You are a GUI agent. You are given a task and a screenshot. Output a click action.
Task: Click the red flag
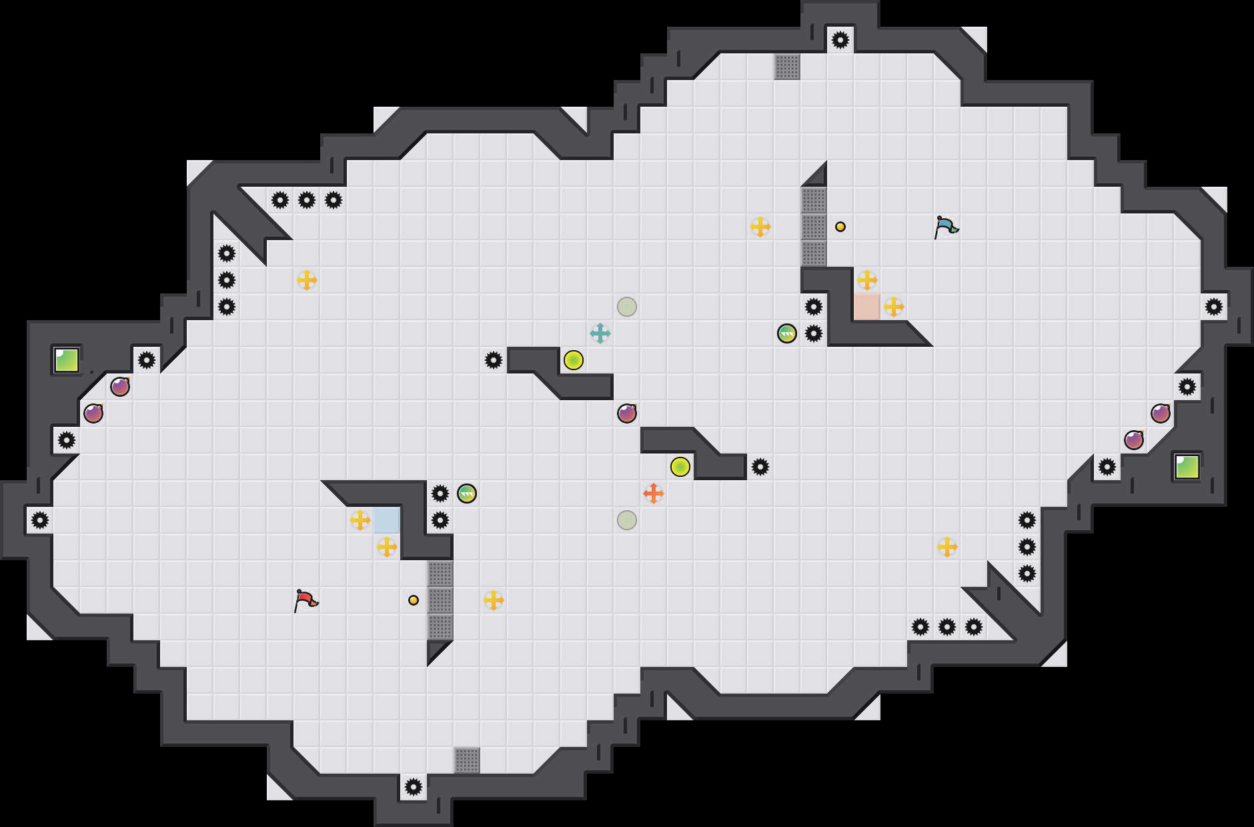click(305, 600)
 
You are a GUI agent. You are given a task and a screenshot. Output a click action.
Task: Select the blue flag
click(946, 227)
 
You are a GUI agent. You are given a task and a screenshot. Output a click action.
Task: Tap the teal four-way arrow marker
click(600, 333)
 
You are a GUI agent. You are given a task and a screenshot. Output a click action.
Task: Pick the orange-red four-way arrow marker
click(654, 494)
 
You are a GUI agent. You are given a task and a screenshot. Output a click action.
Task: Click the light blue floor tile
click(387, 520)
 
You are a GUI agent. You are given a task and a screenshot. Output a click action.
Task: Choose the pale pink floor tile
click(867, 307)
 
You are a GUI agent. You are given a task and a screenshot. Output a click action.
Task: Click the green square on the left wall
click(67, 360)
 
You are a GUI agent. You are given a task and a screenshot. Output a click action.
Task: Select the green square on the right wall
click(1187, 467)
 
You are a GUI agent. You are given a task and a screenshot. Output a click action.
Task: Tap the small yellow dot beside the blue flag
click(840, 227)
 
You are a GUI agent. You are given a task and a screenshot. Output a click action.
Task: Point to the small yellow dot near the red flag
click(414, 600)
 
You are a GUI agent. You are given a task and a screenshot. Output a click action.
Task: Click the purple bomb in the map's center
click(627, 414)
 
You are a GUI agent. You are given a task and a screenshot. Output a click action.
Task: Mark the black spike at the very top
click(840, 40)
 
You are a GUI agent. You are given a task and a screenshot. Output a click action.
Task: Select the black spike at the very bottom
click(414, 787)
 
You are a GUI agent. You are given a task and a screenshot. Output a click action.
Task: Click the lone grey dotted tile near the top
click(787, 67)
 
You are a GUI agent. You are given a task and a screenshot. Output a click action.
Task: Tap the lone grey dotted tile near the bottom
click(467, 760)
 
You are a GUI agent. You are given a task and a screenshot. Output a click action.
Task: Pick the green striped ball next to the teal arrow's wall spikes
click(787, 333)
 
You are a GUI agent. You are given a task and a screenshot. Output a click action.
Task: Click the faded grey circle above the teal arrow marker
click(627, 307)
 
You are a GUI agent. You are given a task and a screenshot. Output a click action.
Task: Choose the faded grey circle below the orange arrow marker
click(627, 520)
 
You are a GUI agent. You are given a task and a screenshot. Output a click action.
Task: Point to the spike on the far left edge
click(40, 520)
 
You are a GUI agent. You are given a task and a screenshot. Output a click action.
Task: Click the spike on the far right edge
click(1214, 307)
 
